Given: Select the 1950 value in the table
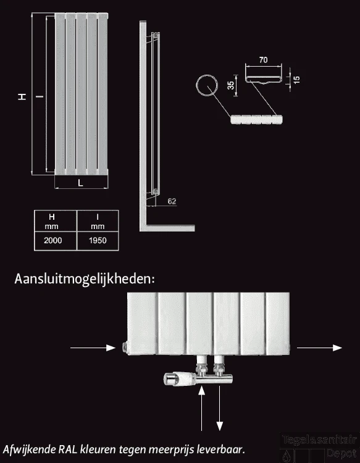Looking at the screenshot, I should point(96,240).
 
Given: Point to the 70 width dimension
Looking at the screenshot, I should point(263,60).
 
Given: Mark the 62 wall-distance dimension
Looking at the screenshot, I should point(172,201).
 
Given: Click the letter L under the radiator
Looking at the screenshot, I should point(81,183).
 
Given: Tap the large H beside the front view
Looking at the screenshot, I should point(22,96).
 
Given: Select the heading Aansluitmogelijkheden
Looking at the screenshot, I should point(84,279).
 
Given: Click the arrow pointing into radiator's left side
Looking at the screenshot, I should point(93,348).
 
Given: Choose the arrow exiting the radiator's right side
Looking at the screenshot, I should point(319,348).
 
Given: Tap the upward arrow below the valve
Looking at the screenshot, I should point(201,407).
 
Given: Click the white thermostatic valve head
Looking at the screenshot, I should point(174,378).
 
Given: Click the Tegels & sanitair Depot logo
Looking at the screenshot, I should point(319,447).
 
